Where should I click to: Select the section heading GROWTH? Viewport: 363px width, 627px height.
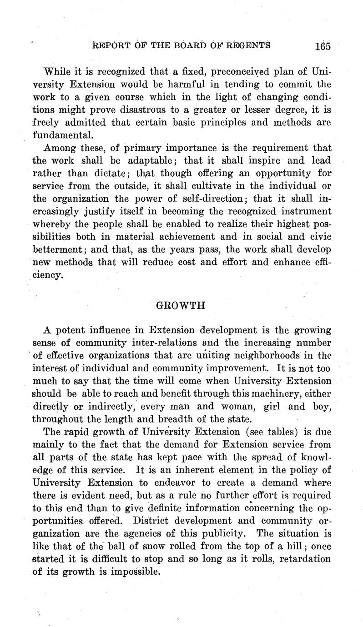coord(181,305)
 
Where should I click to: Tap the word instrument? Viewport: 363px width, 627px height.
coord(303,211)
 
